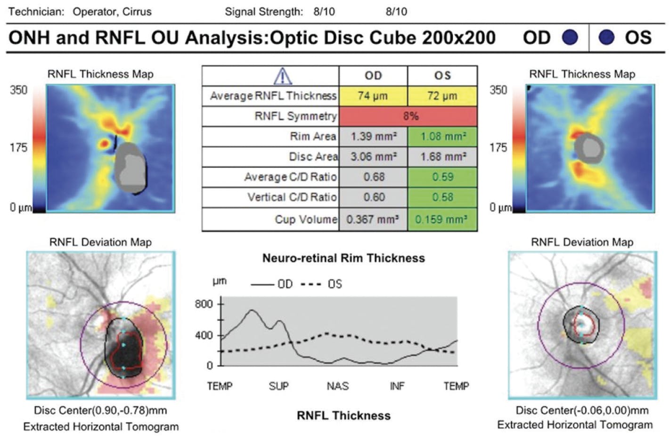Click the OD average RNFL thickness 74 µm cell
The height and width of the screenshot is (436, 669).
[x=373, y=96]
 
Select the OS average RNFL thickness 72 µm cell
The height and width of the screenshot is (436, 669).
[x=442, y=96]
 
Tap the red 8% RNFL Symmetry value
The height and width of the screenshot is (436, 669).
[x=410, y=116]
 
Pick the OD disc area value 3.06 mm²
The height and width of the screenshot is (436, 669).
[x=373, y=156]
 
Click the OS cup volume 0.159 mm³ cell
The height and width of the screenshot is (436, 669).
[x=442, y=219]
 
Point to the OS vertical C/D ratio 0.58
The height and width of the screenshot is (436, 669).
[x=442, y=197]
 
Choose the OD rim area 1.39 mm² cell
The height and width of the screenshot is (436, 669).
[x=373, y=137]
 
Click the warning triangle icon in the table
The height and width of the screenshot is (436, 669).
[x=282, y=76]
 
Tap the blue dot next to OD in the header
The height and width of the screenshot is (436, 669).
[x=570, y=37]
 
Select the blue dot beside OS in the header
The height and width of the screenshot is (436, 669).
[x=606, y=37]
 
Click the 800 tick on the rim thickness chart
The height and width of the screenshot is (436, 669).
[x=204, y=304]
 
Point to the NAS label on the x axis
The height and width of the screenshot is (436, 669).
[x=338, y=387]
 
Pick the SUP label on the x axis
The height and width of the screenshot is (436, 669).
[x=278, y=387]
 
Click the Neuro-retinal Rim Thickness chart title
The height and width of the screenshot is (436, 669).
[x=343, y=258]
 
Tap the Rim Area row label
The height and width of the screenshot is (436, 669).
[x=313, y=137]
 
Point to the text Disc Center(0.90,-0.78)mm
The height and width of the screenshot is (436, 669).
[x=100, y=410]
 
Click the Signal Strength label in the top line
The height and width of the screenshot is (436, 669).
[x=264, y=12]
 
